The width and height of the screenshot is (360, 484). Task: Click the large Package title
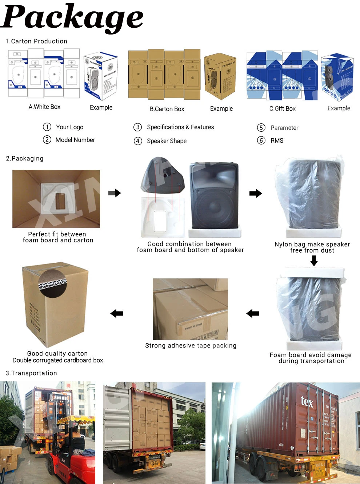point(73,17)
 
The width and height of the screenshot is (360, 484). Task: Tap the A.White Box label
point(44,107)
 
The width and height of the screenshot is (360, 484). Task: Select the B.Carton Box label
point(167,109)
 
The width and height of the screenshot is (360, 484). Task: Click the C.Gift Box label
point(282,108)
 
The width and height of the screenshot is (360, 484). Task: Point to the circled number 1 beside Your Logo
point(47,127)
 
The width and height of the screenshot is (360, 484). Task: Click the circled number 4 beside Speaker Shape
point(138,141)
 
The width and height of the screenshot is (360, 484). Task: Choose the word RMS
point(277,140)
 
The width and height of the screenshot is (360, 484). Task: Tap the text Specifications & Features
point(180,127)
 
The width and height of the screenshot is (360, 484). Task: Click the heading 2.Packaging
point(25,158)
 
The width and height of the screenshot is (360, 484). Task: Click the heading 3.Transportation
point(31,373)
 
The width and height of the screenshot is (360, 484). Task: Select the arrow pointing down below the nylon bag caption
point(314,261)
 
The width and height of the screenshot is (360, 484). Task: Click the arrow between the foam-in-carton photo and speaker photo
point(115,193)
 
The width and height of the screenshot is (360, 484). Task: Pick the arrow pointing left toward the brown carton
point(117,313)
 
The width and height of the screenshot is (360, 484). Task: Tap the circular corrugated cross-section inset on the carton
point(53,284)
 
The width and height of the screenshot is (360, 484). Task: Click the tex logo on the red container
point(307,401)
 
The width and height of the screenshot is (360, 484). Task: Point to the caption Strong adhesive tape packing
point(191,345)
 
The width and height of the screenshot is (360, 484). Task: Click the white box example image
point(101,76)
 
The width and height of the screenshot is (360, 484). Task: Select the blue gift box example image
point(337,76)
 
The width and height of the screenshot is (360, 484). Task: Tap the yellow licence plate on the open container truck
point(154,457)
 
